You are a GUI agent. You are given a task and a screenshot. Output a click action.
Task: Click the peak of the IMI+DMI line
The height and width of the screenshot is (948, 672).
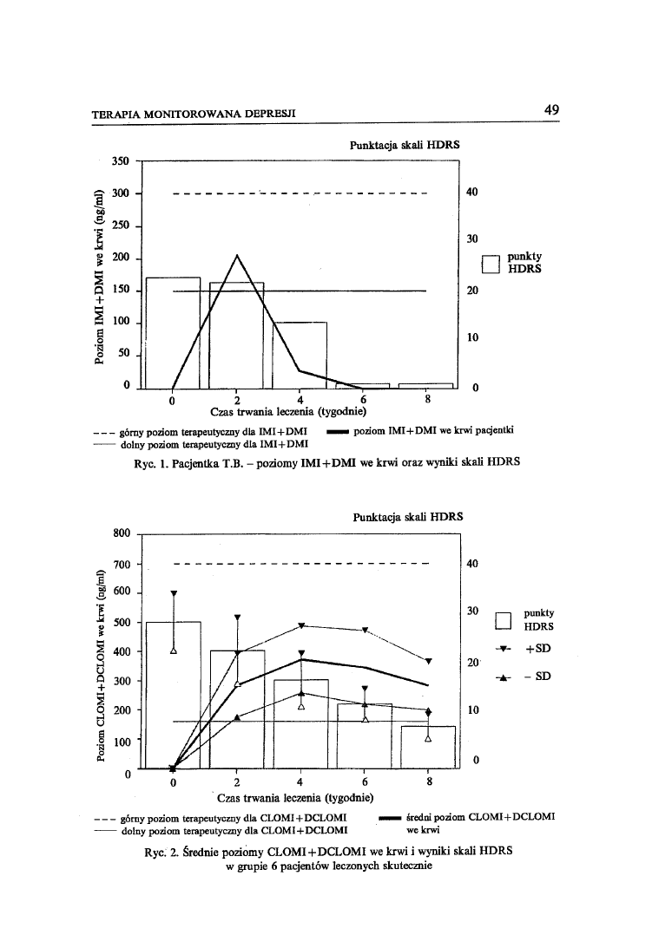point(237,255)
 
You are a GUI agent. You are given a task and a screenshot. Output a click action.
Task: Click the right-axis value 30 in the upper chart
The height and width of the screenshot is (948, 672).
point(472,239)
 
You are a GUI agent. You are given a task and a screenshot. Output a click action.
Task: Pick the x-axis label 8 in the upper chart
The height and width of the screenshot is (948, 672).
point(428,400)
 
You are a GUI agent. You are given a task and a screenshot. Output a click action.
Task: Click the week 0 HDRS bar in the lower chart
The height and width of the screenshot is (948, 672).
point(173,694)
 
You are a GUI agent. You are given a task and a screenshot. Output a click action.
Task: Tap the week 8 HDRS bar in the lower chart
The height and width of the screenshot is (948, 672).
point(428,747)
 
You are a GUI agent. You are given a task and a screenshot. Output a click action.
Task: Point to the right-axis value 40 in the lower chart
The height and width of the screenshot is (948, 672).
point(472,564)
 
